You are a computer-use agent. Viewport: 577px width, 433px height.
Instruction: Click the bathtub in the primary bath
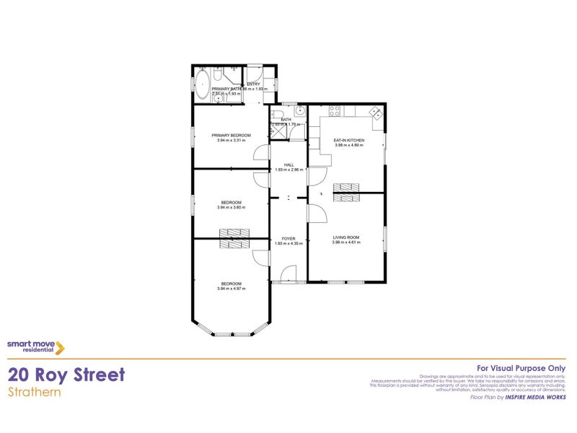tap(203, 82)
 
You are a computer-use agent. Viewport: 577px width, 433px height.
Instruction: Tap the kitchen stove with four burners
tap(335, 111)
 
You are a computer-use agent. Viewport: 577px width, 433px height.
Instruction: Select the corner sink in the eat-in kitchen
tap(375, 113)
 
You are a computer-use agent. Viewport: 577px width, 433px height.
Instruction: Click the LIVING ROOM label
tap(345, 237)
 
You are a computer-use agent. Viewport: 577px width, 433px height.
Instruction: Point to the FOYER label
tap(288, 239)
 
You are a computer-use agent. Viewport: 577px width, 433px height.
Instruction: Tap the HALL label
tap(288, 165)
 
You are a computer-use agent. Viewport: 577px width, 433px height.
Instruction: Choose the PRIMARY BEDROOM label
tap(231, 136)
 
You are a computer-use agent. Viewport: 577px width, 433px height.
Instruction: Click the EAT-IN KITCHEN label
tap(348, 140)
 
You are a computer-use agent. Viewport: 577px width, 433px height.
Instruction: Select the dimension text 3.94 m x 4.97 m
tap(231, 289)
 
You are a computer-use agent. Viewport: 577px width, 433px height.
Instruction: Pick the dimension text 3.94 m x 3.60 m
tap(231, 207)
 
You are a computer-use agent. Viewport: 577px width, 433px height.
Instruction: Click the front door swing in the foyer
tap(288, 274)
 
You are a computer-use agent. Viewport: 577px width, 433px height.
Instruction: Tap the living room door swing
tap(317, 214)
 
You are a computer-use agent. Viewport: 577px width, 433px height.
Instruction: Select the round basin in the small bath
tap(301, 111)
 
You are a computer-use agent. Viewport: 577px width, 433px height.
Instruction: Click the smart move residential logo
tap(36, 346)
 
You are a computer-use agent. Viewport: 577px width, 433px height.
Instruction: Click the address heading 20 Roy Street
tap(66, 375)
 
